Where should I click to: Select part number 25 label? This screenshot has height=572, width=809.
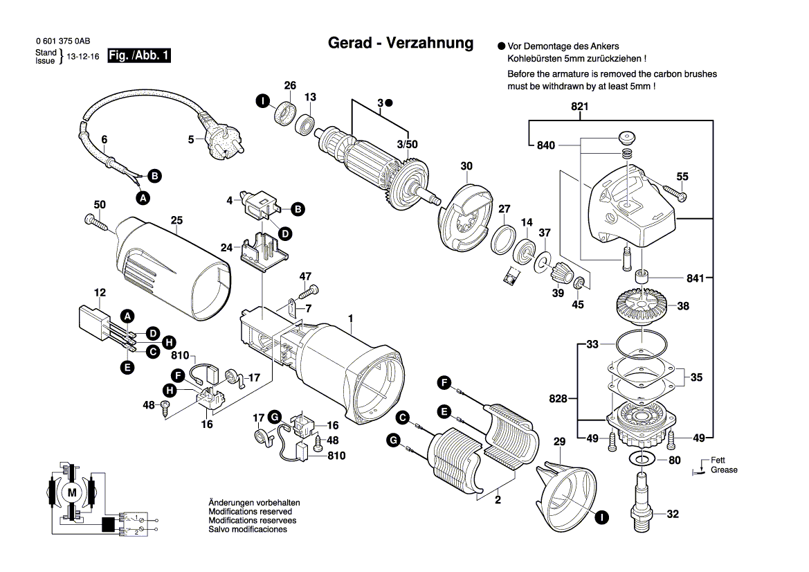pyautogui.click(x=176, y=221)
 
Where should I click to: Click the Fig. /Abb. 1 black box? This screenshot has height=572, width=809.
pyautogui.click(x=139, y=56)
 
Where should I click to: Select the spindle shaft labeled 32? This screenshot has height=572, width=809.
pyautogui.click(x=642, y=501)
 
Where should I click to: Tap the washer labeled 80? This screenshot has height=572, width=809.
pyautogui.click(x=642, y=459)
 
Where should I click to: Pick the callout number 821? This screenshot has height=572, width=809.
pyautogui.click(x=579, y=107)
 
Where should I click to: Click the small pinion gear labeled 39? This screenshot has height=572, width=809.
pyautogui.click(x=558, y=278)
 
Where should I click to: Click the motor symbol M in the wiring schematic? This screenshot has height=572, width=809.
pyautogui.click(x=72, y=492)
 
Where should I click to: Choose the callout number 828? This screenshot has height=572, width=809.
pyautogui.click(x=558, y=399)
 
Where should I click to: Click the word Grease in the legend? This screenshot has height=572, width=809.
pyautogui.click(x=724, y=470)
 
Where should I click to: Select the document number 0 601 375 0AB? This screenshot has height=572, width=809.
pyautogui.click(x=63, y=42)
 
